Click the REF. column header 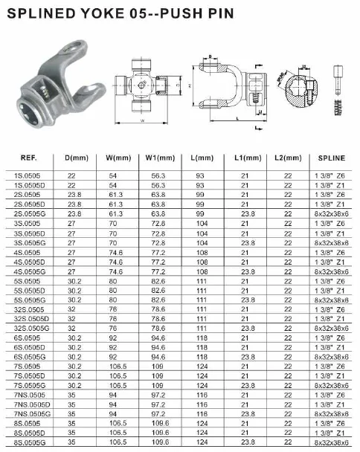pos(29,158)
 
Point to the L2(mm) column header pos(289,158)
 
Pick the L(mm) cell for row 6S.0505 pos(199,338)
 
